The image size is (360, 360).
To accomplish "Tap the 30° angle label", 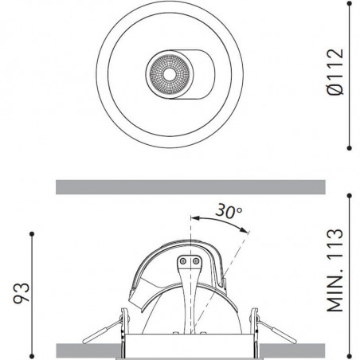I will (x=228, y=212).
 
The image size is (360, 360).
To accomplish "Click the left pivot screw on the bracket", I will (x=183, y=260).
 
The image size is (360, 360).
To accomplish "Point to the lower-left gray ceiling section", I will (x=88, y=350).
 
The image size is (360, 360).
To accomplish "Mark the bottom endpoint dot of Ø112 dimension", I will (x=352, y=147).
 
